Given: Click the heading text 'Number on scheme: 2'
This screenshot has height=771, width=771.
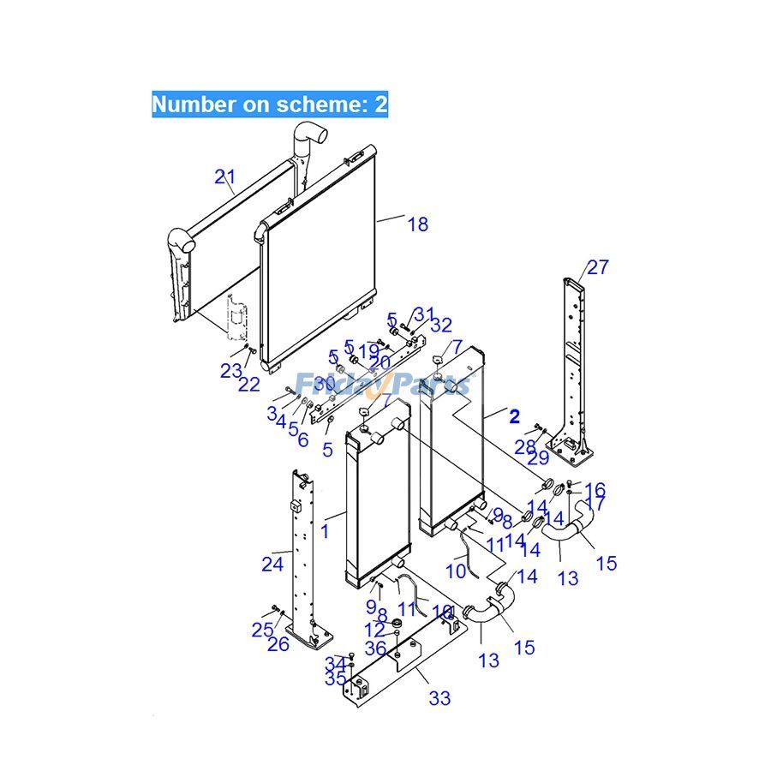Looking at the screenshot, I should (x=270, y=105).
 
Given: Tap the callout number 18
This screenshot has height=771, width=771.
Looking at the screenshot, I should (x=417, y=224).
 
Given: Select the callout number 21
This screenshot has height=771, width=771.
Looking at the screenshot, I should (x=224, y=177).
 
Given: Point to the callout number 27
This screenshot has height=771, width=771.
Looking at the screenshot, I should (x=597, y=267).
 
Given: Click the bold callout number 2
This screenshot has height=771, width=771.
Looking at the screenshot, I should (x=514, y=417).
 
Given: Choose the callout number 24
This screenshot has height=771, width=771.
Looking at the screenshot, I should (x=272, y=564).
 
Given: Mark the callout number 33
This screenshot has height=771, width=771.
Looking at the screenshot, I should (x=439, y=698).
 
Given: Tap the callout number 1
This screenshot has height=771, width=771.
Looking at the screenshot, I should (x=325, y=531).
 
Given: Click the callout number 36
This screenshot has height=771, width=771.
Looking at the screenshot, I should (x=375, y=649).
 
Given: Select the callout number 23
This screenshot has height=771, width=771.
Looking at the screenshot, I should (x=230, y=371).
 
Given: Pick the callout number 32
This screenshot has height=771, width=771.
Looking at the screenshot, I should (x=441, y=325).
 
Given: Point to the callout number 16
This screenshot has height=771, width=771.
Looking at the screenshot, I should (x=595, y=490).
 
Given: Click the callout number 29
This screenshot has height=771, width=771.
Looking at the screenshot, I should (x=539, y=458).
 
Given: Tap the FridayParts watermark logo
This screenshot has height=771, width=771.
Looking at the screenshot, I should (x=382, y=382).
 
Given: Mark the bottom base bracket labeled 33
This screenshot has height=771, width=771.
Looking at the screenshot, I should (x=403, y=664).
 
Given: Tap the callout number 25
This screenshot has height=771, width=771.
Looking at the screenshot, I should (x=262, y=629).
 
